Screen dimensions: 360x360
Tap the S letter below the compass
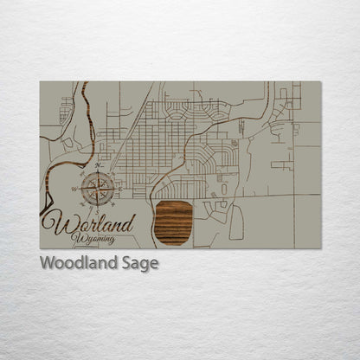101,203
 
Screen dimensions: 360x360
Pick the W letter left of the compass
83,184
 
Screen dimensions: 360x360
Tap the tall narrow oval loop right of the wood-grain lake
236,222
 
